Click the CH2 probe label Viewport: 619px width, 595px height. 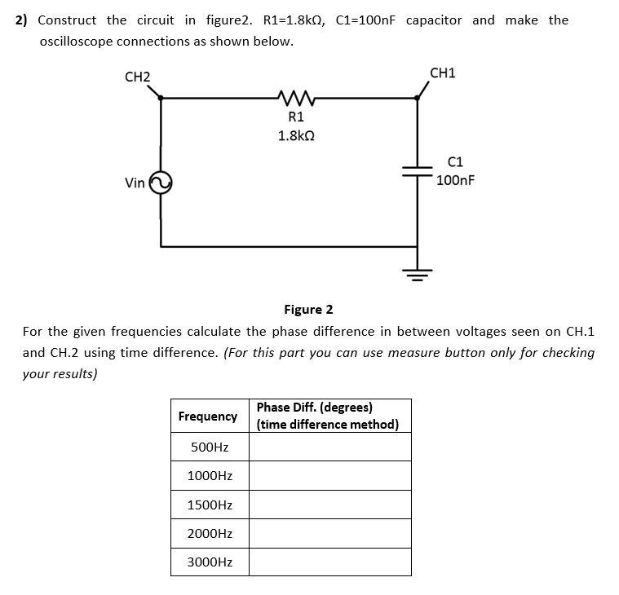(x=137, y=77)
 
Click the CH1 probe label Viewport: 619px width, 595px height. (x=442, y=73)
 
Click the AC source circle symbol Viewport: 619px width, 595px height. (x=161, y=183)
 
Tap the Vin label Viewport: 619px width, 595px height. (x=135, y=183)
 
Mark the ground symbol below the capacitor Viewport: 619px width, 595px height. (x=418, y=272)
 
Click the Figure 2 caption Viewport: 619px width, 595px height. (x=308, y=310)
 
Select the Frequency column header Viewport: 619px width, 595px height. (x=208, y=416)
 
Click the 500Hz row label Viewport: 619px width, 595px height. (x=209, y=447)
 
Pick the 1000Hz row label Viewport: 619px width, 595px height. (x=210, y=476)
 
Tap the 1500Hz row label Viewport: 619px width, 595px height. (x=210, y=505)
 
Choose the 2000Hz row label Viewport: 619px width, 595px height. (x=210, y=534)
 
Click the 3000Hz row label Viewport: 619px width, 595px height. (x=210, y=562)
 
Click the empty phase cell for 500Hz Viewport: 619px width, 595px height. (x=329, y=447)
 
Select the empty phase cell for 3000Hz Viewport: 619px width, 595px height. (x=329, y=562)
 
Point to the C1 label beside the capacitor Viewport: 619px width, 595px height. (x=456, y=162)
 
